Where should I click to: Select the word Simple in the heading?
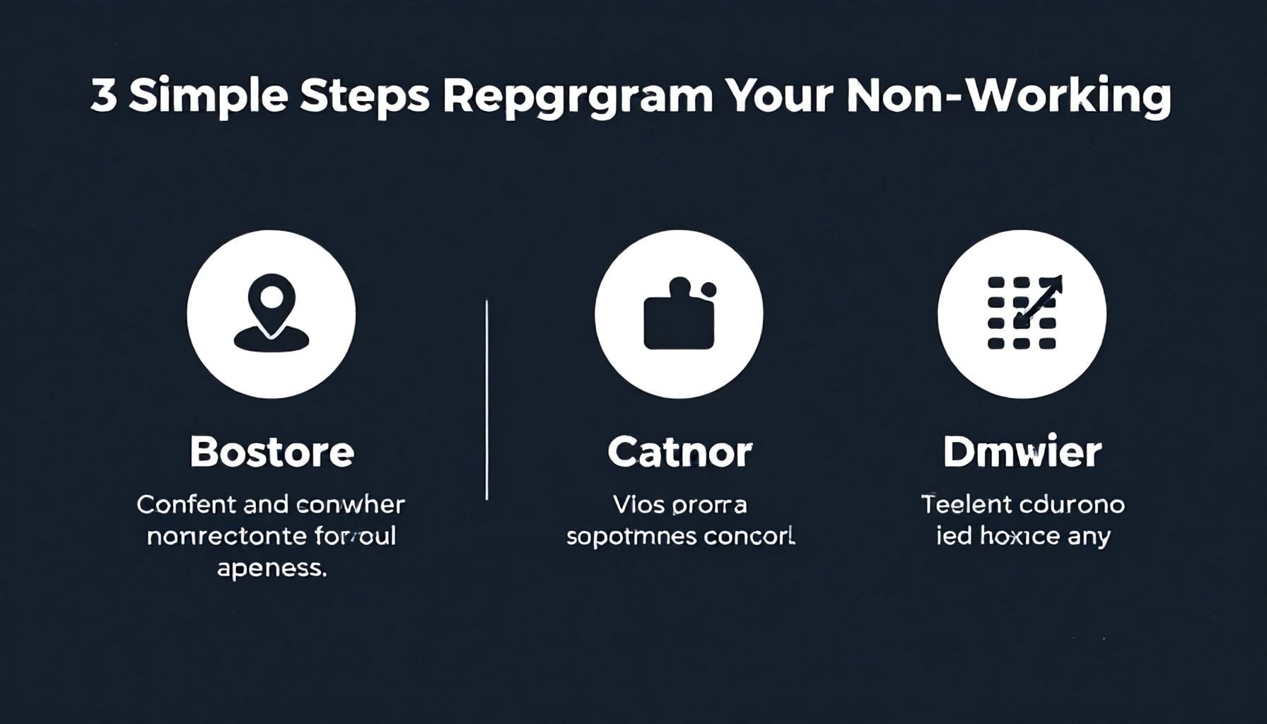click(208, 98)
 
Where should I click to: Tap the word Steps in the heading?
click(364, 98)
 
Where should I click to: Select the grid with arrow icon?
click(1022, 313)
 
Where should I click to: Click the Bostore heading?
click(271, 452)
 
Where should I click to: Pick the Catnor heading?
click(679, 452)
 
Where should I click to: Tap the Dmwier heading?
click(1022, 452)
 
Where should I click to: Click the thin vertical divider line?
click(486, 400)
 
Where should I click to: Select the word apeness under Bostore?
click(271, 568)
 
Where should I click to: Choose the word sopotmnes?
click(618, 537)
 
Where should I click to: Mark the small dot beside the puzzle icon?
click(708, 289)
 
